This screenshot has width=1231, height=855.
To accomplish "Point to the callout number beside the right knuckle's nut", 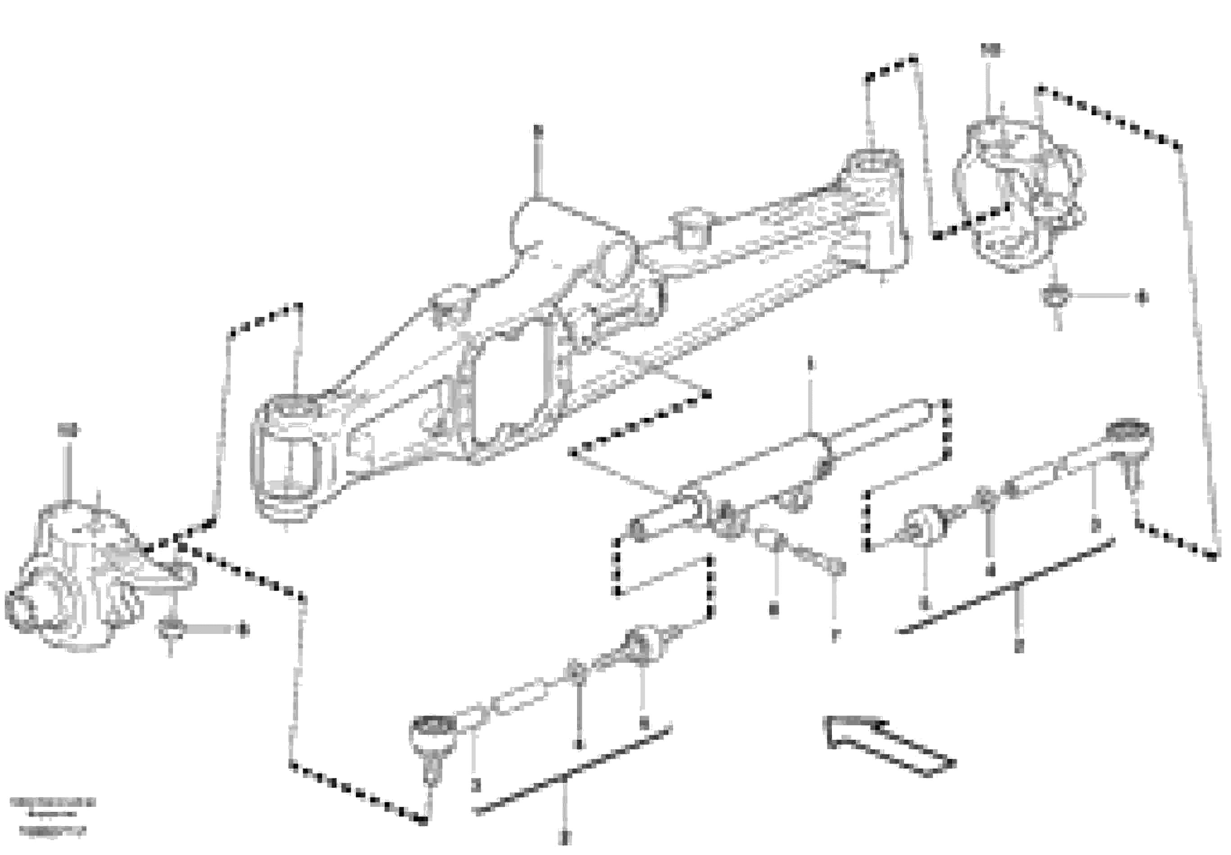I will tap(1141, 297).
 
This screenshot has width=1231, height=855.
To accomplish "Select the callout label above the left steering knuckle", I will tap(68, 430).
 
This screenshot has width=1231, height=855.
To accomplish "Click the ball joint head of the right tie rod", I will tap(1129, 434).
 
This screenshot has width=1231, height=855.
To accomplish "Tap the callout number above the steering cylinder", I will tap(810, 365).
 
